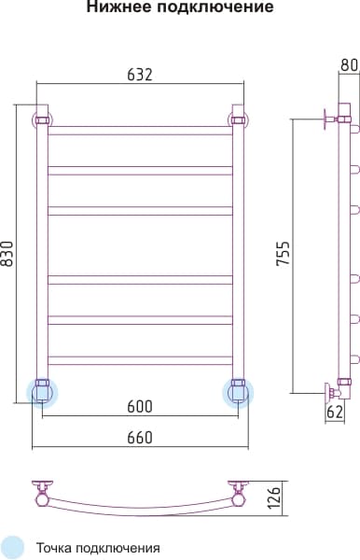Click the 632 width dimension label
[x=140, y=75]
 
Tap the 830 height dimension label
[x=7, y=254]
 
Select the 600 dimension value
[x=140, y=406]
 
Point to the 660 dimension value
[x=140, y=438]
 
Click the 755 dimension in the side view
[x=284, y=254]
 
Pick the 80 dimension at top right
[x=350, y=65]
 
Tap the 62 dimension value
[x=335, y=413]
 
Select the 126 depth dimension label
[x=274, y=497]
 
